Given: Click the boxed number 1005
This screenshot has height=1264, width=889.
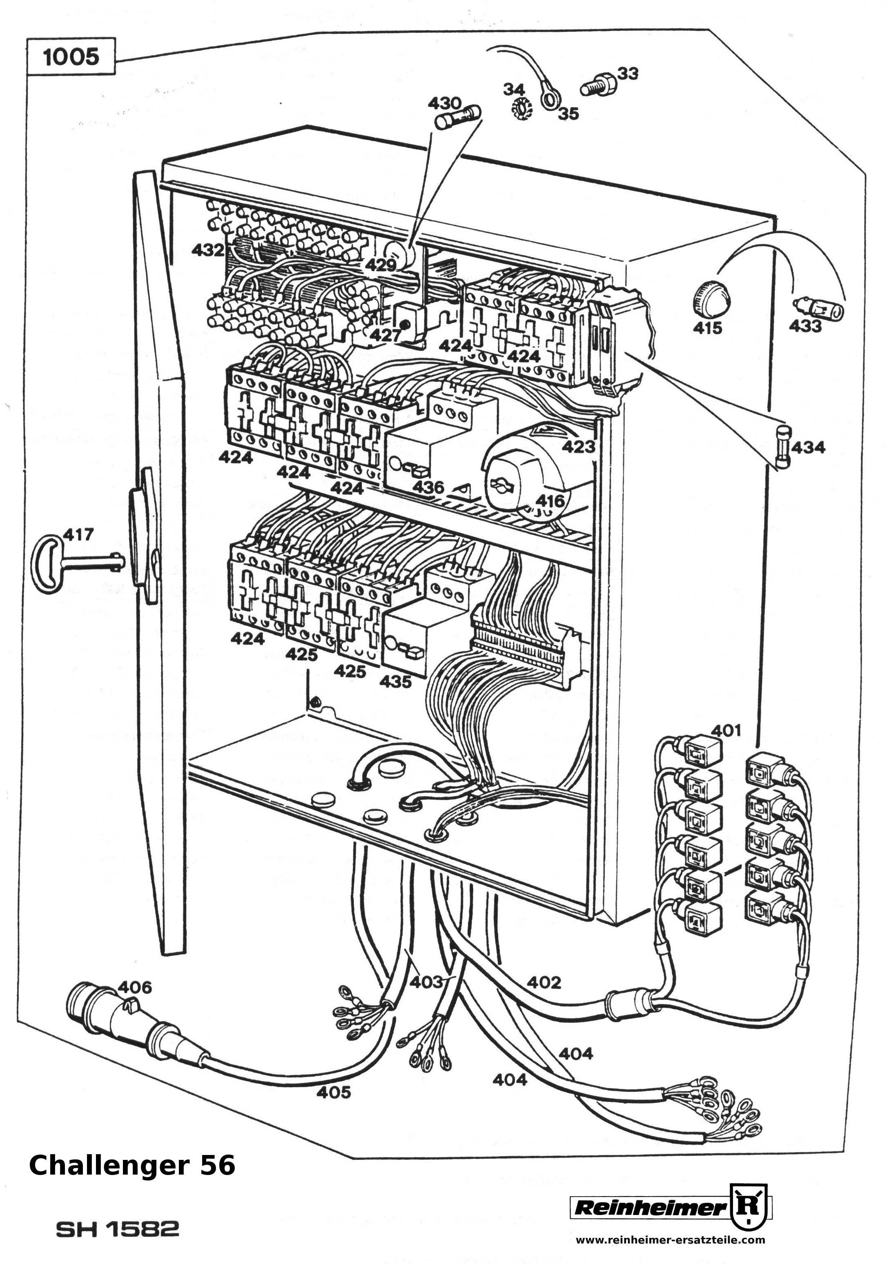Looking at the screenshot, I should click(71, 56).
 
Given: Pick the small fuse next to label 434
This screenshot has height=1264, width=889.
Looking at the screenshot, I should click(783, 447).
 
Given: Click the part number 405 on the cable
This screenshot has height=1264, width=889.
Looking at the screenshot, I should click(333, 1091).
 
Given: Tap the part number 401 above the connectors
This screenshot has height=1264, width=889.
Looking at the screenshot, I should click(726, 730).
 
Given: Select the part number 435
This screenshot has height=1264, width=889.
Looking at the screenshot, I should click(395, 681).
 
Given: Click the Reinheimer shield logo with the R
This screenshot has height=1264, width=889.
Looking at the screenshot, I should click(750, 1206).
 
